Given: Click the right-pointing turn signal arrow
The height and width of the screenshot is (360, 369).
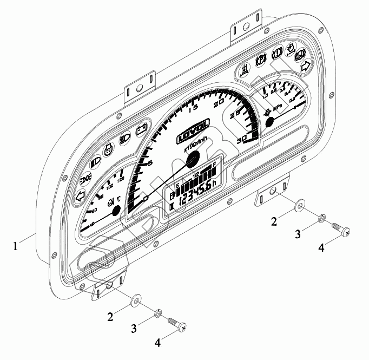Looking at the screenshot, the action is [305, 66].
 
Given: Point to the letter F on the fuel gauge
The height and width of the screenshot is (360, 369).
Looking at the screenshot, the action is [215, 165].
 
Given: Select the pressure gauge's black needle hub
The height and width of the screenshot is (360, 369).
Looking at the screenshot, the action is [271, 123].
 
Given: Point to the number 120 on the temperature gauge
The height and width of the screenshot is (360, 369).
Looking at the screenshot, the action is [120, 179].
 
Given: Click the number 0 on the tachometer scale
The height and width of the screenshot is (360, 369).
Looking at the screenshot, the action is [146, 199].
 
